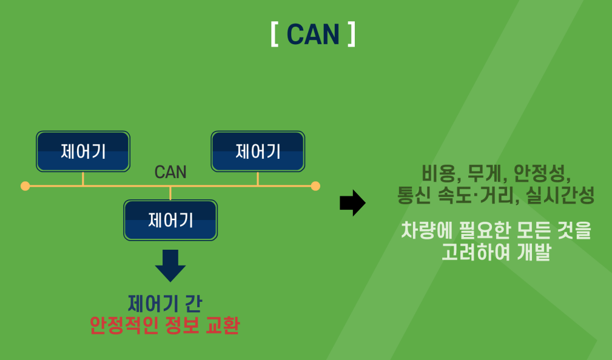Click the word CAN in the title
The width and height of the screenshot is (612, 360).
tap(313, 35)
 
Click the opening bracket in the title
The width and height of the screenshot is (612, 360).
tap(275, 35)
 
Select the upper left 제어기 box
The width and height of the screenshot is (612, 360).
tap(83, 151)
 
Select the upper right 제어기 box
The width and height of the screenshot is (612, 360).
tap(258, 151)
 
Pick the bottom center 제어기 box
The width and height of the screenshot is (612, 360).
tap(170, 219)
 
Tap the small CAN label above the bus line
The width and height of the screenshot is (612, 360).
tap(170, 172)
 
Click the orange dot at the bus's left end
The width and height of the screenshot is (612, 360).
tap(25, 186)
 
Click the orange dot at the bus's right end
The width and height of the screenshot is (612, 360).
tap(315, 186)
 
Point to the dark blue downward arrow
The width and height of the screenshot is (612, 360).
tap(170, 265)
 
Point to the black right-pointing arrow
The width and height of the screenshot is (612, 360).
tap(352, 203)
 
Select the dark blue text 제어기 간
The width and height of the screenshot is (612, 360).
tap(164, 302)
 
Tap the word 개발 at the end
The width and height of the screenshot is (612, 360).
tap(534, 252)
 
